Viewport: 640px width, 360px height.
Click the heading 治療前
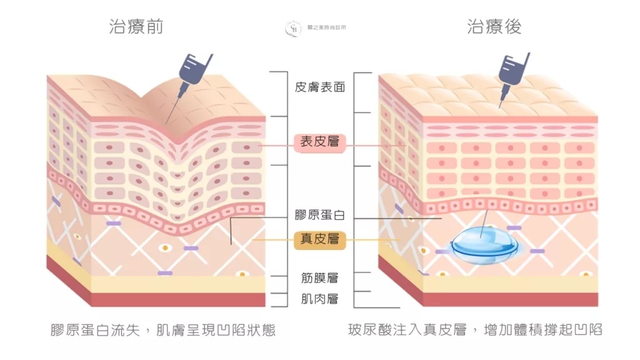136,27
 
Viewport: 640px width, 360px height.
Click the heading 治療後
494,27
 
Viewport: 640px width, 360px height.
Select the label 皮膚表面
320,87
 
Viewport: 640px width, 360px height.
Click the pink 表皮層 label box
320,142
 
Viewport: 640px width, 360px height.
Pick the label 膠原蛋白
320,215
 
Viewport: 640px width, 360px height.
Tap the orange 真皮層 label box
320,239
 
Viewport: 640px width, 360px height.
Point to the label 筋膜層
320,278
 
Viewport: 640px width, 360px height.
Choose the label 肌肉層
320,299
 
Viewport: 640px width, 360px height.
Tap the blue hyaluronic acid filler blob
484,244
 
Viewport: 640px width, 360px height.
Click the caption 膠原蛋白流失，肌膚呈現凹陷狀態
163,330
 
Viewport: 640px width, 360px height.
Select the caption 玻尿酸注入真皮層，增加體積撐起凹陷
476,329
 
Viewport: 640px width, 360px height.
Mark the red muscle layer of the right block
510,299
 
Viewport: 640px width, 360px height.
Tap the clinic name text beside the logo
326,27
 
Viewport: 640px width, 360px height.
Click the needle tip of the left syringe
166,124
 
